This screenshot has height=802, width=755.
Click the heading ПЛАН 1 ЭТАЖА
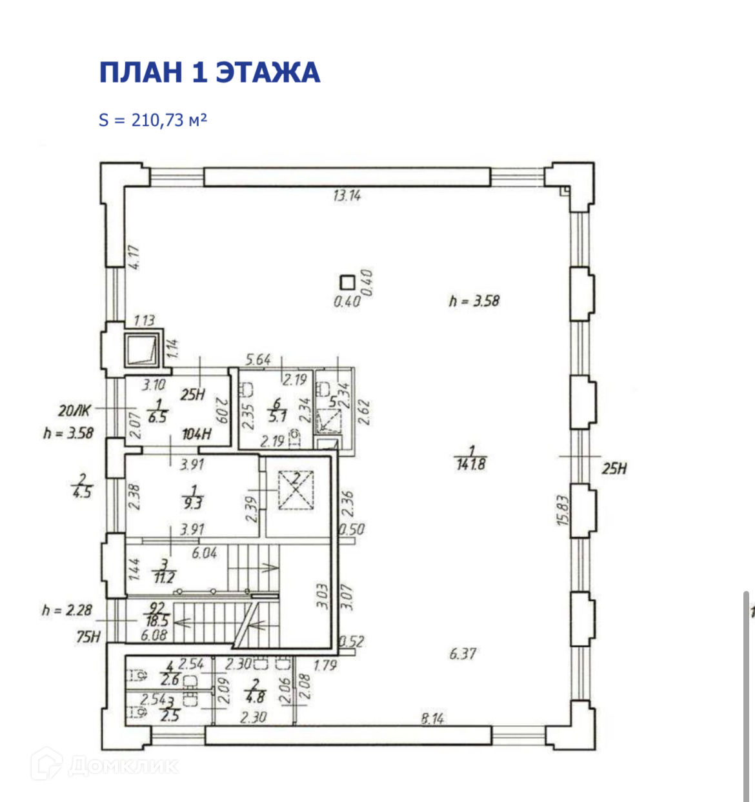pyautogui.click(x=209, y=72)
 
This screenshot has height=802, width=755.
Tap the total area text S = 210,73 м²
pyautogui.click(x=153, y=119)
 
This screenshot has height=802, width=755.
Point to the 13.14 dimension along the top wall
pyautogui.click(x=347, y=195)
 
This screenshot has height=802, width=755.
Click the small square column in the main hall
pyautogui.click(x=348, y=282)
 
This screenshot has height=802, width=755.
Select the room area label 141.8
pyautogui.click(x=470, y=463)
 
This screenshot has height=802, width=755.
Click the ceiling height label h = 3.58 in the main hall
pyautogui.click(x=474, y=301)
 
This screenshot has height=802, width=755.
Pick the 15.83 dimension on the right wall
pyautogui.click(x=562, y=510)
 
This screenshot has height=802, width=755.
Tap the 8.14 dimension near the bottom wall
pyautogui.click(x=432, y=717)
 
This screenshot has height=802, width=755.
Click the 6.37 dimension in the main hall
pyautogui.click(x=463, y=654)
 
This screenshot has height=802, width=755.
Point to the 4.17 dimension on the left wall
pyautogui.click(x=134, y=257)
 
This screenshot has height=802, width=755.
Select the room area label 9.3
pyautogui.click(x=193, y=503)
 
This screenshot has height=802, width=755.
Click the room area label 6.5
pyautogui.click(x=157, y=417)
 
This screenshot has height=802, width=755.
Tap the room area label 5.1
pyautogui.click(x=277, y=416)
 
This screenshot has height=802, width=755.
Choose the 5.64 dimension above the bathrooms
pyautogui.click(x=258, y=359)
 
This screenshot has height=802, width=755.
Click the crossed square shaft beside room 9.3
pyautogui.click(x=296, y=490)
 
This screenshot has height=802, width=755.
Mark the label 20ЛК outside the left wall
pyautogui.click(x=74, y=410)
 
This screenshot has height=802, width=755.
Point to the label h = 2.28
pyautogui.click(x=67, y=610)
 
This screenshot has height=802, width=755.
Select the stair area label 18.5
pyautogui.click(x=157, y=620)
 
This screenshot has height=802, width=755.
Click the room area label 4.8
pyautogui.click(x=256, y=697)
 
